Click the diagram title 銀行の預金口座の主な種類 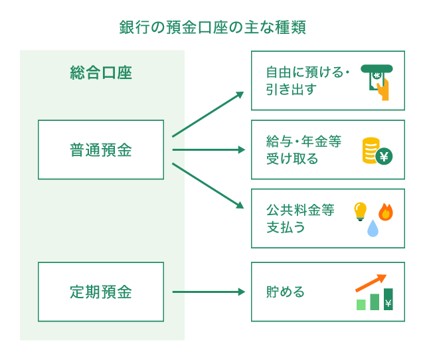(212, 27)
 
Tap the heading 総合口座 (101, 72)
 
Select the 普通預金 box (101, 149)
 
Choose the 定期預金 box (101, 292)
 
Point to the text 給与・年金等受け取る (301, 149)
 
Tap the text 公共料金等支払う (299, 219)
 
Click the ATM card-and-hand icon (375, 81)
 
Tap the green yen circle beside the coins (385, 156)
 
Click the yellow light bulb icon (359, 211)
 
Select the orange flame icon (386, 211)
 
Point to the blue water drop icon (373, 229)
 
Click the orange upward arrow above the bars (371, 282)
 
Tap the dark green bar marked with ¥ (388, 300)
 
